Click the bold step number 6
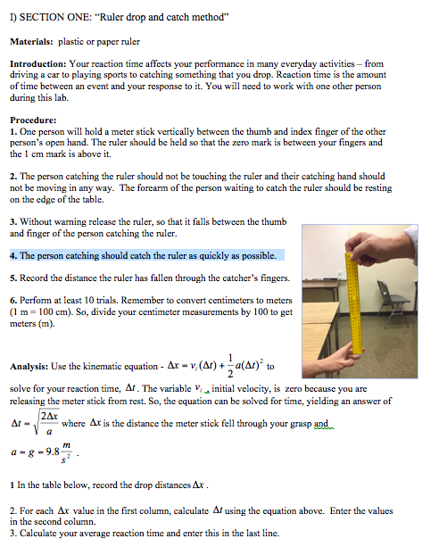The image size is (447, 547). click(12, 300)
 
